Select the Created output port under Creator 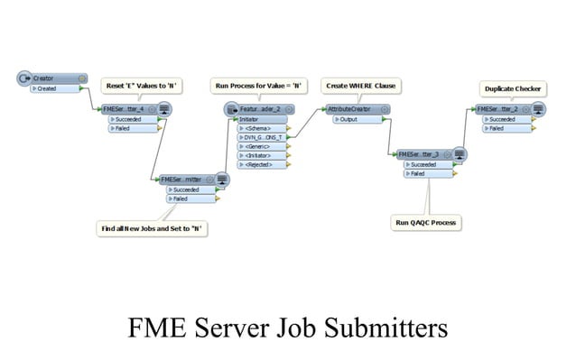point(51,89)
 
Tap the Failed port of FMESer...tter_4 point(126,128)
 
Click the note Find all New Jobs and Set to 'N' point(153,228)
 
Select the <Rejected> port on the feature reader point(262,164)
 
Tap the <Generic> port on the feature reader point(261,146)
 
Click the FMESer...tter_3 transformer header point(424,154)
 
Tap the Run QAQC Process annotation point(425,221)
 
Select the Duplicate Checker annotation point(513,88)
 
